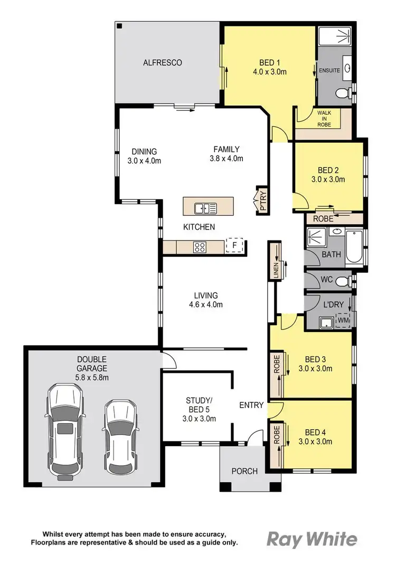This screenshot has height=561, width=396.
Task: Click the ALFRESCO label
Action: click(x=163, y=63)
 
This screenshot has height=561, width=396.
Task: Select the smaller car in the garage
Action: click(x=120, y=436)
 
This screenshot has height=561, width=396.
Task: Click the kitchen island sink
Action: click(x=205, y=208)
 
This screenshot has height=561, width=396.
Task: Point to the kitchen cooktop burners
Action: click(x=201, y=247)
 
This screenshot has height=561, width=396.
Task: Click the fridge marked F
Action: click(x=234, y=246)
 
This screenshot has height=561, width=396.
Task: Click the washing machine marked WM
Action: click(x=343, y=320)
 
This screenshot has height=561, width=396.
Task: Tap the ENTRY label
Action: click(x=251, y=405)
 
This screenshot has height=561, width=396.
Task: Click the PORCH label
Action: click(x=244, y=471)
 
